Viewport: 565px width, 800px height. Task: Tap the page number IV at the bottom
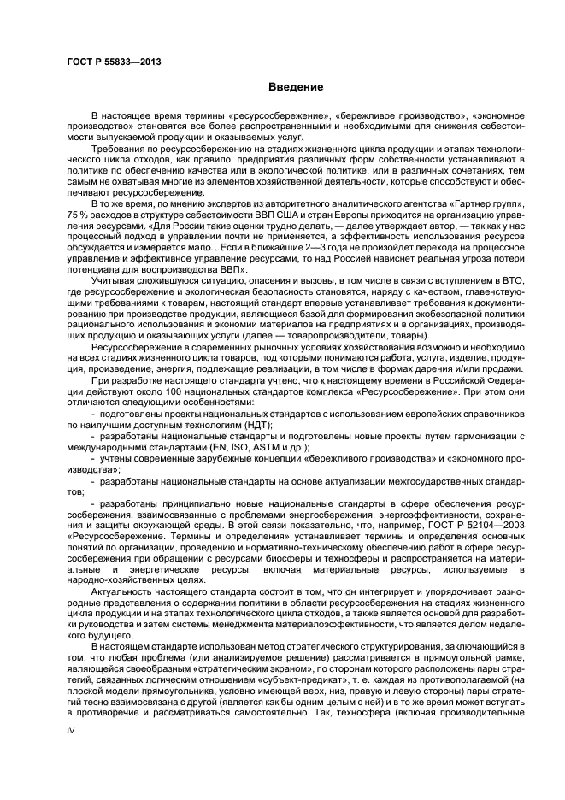pyautogui.click(x=72, y=752)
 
